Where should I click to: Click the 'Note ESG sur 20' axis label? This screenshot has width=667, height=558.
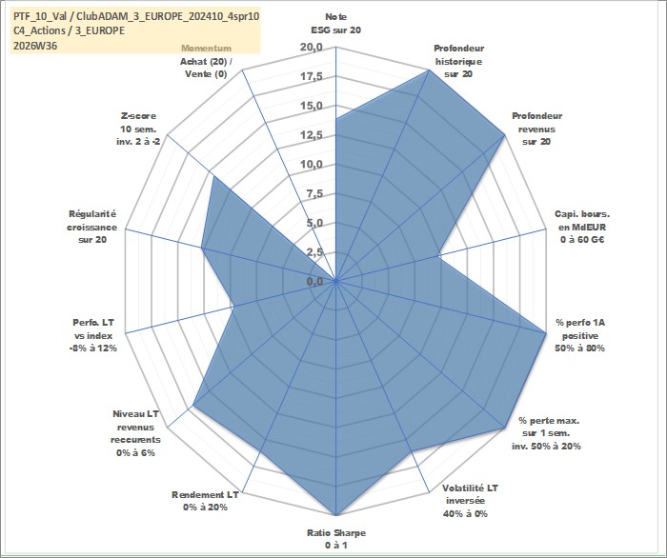[x=336, y=24]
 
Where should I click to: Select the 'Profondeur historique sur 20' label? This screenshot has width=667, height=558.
[x=458, y=61]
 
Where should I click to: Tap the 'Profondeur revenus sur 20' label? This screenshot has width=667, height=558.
[x=536, y=129]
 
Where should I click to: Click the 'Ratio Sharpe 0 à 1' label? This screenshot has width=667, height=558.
[x=336, y=539]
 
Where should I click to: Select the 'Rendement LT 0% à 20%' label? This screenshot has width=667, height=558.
[x=205, y=501]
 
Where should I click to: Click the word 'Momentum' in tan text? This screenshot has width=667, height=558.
[x=207, y=49]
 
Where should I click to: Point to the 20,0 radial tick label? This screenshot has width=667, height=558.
[x=312, y=48]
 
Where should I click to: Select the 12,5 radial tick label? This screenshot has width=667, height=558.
[x=312, y=135]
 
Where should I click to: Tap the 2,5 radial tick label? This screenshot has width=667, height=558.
[x=314, y=252]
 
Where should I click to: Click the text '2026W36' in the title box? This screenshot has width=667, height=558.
[x=35, y=46]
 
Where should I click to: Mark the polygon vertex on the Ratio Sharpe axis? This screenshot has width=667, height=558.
[x=336, y=515]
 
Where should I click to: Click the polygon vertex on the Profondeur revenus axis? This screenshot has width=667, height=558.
[x=504, y=135]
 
